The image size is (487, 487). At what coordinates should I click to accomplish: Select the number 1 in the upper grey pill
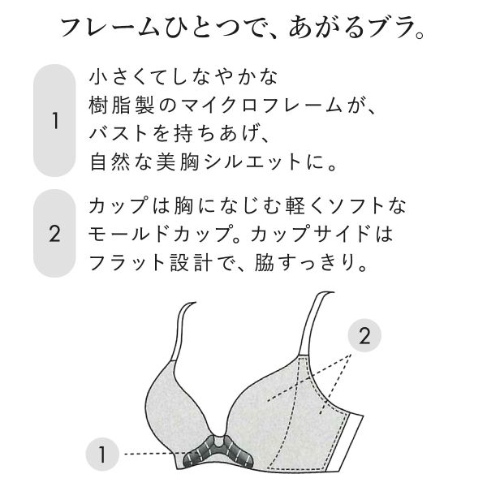55,121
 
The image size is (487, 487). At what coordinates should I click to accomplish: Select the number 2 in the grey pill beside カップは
54,234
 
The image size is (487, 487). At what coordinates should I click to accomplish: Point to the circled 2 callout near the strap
364,335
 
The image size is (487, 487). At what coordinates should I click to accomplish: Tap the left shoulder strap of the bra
183,331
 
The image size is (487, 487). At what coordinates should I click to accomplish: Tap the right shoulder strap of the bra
314,324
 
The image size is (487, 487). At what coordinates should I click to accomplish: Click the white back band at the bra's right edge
347,442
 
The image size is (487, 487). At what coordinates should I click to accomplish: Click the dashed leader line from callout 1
154,454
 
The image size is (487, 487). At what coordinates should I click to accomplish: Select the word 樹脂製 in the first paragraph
122,106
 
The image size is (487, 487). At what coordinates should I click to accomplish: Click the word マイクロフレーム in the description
261,106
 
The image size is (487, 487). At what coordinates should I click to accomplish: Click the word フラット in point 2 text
127,263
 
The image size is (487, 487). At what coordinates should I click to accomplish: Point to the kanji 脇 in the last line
265,263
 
